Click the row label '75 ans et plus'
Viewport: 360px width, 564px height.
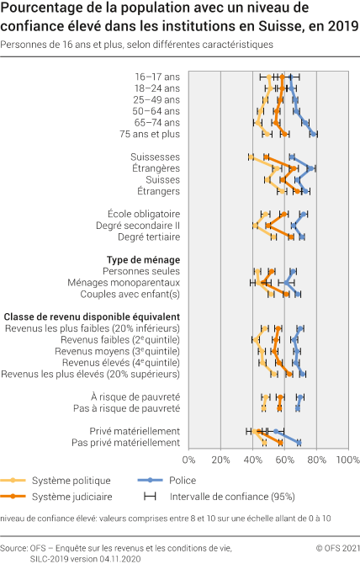tap(151, 134)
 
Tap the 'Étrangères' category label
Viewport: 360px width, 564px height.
tap(156, 168)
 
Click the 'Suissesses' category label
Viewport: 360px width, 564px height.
tap(156, 157)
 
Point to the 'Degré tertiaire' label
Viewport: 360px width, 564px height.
tap(149, 237)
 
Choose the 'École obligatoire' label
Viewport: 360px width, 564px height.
tap(145, 214)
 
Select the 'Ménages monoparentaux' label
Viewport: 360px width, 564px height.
tap(134, 283)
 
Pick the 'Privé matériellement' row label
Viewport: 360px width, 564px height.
tap(136, 431)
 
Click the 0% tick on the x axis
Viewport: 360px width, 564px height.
tap(188, 460)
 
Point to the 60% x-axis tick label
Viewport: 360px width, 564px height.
tap(284, 460)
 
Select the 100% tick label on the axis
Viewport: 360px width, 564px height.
tap(347, 460)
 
